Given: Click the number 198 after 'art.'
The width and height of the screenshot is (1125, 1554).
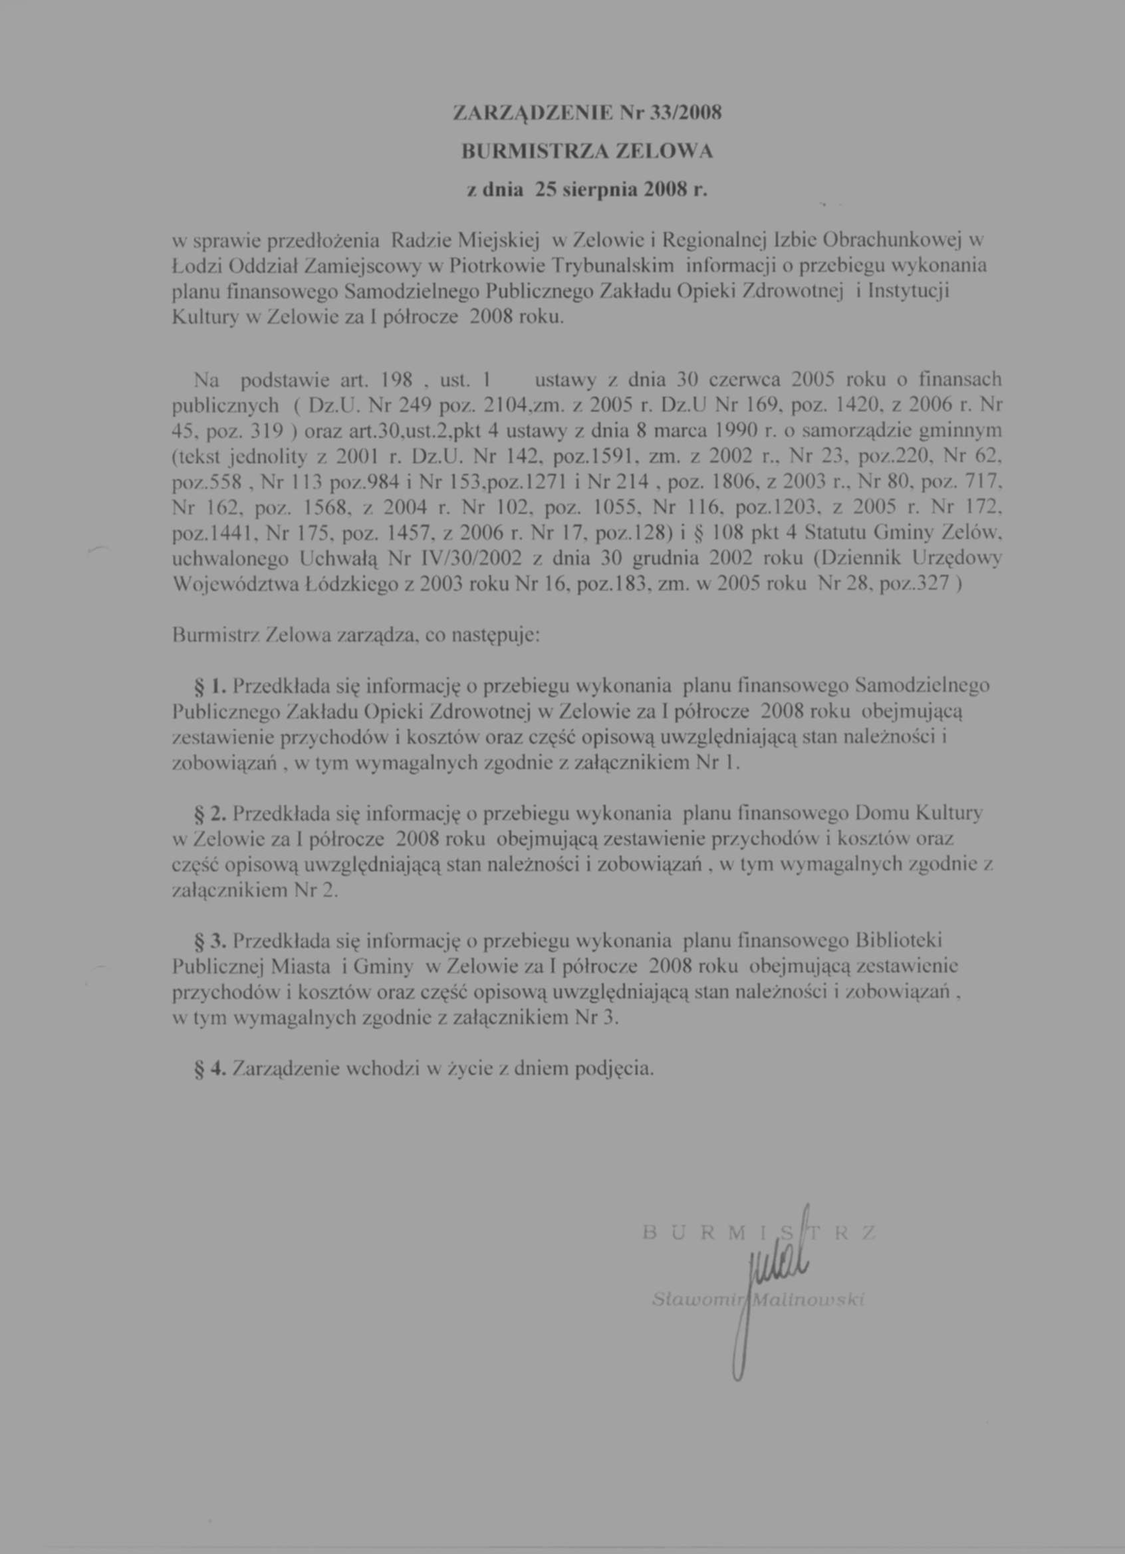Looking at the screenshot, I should (x=395, y=379).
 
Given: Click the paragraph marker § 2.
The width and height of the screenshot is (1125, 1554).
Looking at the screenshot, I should (x=210, y=814).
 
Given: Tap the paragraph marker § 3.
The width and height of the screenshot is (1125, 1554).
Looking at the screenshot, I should (x=210, y=942).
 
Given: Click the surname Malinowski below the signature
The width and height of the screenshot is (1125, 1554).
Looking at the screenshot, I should (x=808, y=1301).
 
